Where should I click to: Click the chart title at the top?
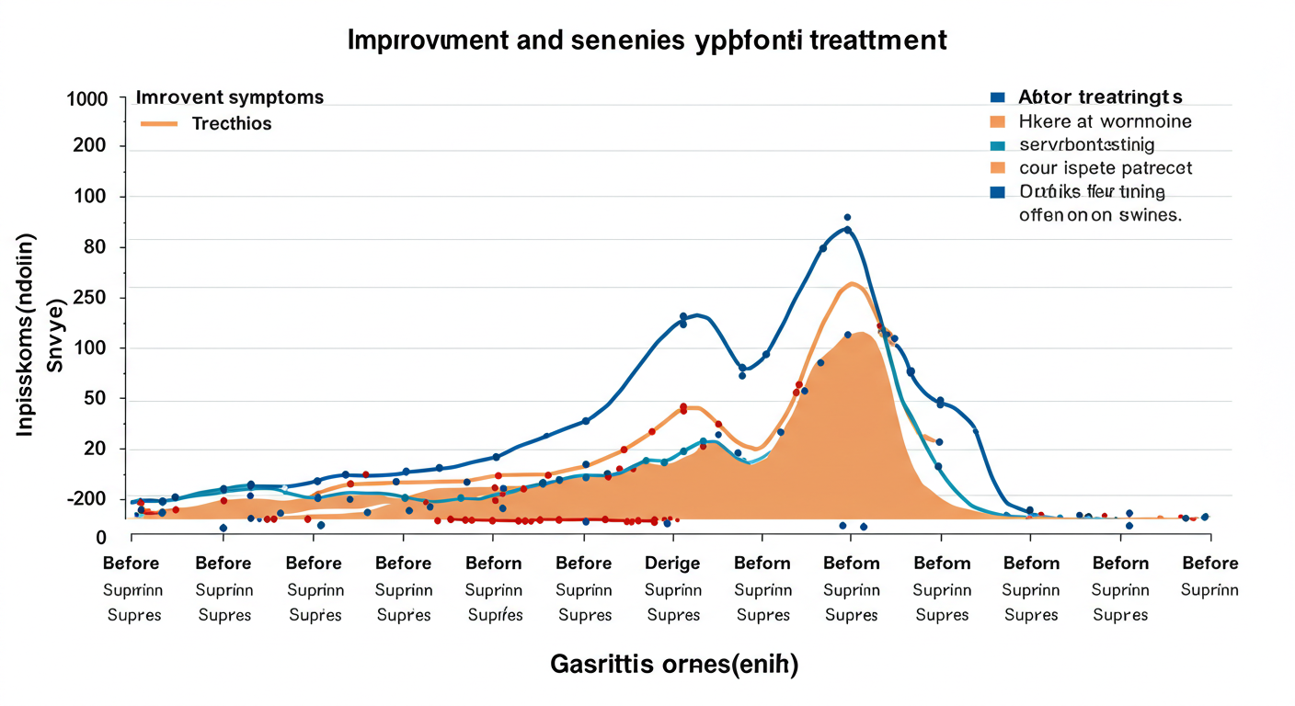click(x=647, y=40)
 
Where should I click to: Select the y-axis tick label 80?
click(x=95, y=246)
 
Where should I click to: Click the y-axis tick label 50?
click(x=95, y=399)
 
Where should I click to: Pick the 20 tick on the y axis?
click(x=95, y=449)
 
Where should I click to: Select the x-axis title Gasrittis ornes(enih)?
click(x=674, y=664)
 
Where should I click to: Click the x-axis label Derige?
click(x=672, y=563)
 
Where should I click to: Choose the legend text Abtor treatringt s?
click(x=1100, y=97)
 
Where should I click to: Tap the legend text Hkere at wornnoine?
click(x=1105, y=120)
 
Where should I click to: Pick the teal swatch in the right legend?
click(x=997, y=144)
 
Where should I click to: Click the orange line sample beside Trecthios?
click(x=157, y=123)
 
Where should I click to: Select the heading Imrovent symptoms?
click(x=229, y=97)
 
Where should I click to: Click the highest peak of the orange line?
click(x=853, y=283)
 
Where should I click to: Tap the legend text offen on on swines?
click(x=1100, y=216)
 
